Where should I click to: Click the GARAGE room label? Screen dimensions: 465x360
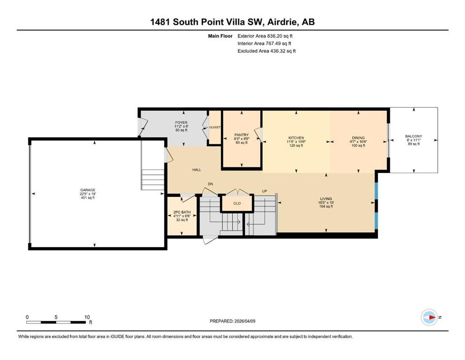coord(88,190)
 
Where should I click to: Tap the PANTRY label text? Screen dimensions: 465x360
coord(241,135)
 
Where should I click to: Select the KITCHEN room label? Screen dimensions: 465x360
coord(296,138)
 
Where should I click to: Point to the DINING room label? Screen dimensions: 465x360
coord(358,138)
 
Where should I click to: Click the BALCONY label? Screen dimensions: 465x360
coord(413,136)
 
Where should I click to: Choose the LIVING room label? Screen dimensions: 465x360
coord(326,199)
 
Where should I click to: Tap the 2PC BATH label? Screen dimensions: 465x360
coord(182,212)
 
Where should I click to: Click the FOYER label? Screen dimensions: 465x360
coord(181,122)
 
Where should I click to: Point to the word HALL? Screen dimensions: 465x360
coord(197,170)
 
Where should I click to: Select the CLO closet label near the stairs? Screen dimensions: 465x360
coord(237,203)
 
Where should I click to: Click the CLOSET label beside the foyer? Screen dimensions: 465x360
coord(215,127)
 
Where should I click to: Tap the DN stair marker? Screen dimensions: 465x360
coord(210,184)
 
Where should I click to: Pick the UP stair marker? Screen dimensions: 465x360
coord(265,191)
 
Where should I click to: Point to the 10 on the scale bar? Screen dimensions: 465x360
coord(87,317)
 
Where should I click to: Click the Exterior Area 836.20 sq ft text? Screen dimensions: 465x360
coord(265,36)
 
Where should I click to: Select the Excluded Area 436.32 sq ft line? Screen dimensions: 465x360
coord(266,51)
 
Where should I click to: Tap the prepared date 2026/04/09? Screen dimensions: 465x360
coord(245,321)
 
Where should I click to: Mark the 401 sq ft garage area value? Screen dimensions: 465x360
coord(88,198)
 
